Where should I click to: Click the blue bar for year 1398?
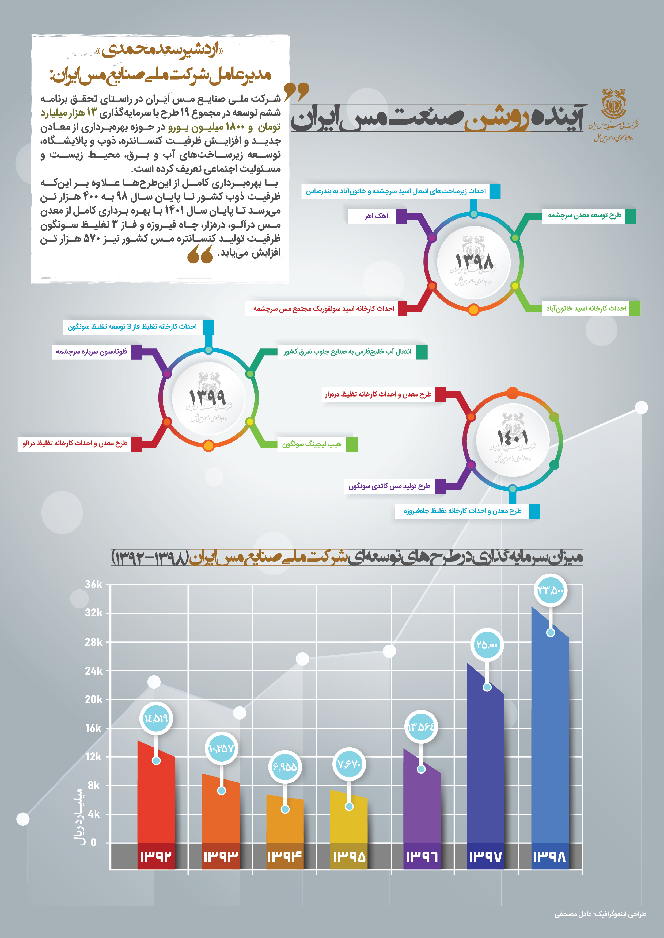(x=550, y=735)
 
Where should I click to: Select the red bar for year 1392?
(x=156, y=797)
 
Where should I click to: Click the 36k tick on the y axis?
(x=94, y=584)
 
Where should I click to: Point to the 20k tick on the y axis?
(x=94, y=699)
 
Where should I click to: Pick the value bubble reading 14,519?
(x=156, y=718)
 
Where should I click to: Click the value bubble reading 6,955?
(x=284, y=766)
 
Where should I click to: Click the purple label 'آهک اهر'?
(x=376, y=216)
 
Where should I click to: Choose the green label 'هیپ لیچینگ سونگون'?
(x=312, y=444)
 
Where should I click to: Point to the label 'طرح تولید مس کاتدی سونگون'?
(x=389, y=486)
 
